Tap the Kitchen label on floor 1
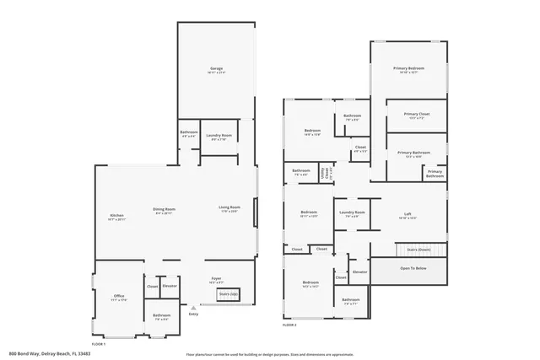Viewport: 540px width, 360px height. [116, 216]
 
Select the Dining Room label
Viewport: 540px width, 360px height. [164, 210]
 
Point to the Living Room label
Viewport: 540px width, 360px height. [229, 208]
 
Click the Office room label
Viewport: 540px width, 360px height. [119, 297]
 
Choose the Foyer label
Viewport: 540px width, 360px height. [216, 279]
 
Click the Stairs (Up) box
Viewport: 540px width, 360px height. [229, 293]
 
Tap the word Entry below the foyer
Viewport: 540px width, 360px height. [193, 314]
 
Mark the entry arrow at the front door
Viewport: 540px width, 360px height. [193, 309]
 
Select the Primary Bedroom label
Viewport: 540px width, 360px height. [408, 69]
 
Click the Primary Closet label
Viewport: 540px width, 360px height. [417, 116]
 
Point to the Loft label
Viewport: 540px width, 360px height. [408, 215]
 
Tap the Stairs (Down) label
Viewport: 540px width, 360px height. [418, 250]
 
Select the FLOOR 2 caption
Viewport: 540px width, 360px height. [290, 325]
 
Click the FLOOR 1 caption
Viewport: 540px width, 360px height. [99, 344]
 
